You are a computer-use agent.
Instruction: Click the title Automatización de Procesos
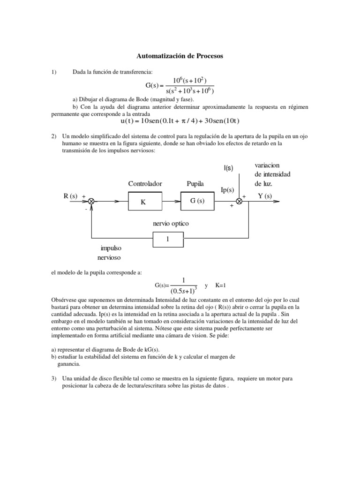pos(180,56)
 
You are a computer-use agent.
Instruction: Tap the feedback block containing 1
pos(168,239)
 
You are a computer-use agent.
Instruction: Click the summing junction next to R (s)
pos(91,201)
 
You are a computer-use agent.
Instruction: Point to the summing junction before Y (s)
pos(239,201)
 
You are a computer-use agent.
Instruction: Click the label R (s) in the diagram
pos(70,196)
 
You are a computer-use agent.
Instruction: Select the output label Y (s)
pos(265,196)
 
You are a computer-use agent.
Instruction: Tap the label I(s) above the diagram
pos(228,168)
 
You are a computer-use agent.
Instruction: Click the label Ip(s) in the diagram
pos(227,190)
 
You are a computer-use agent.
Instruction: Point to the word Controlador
pos(145,183)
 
